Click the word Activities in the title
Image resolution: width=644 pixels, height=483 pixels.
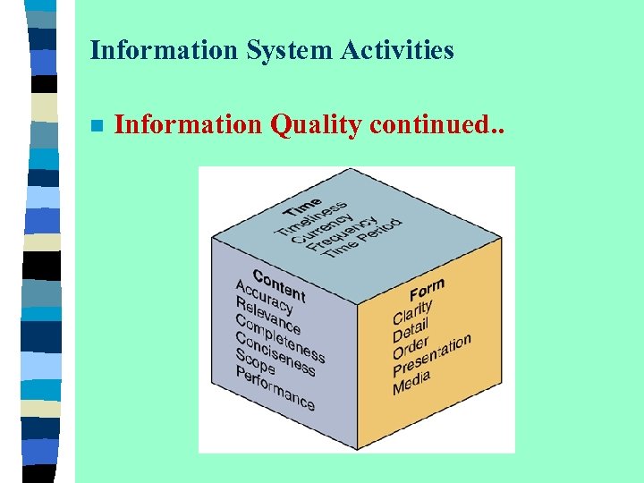point(397,50)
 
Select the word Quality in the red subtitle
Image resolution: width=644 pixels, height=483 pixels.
point(315,125)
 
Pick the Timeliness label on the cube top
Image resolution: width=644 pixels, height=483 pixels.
point(310,217)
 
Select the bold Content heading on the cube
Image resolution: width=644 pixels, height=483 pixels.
point(279,284)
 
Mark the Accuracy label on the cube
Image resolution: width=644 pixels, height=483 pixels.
point(264,296)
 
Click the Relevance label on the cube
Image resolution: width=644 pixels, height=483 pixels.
point(267,314)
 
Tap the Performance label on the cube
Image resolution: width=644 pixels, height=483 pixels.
point(275,387)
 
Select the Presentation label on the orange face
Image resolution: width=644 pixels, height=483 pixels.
point(431,355)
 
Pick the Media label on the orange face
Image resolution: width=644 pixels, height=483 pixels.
point(411,382)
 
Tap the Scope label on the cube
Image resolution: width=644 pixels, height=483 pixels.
point(255,360)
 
